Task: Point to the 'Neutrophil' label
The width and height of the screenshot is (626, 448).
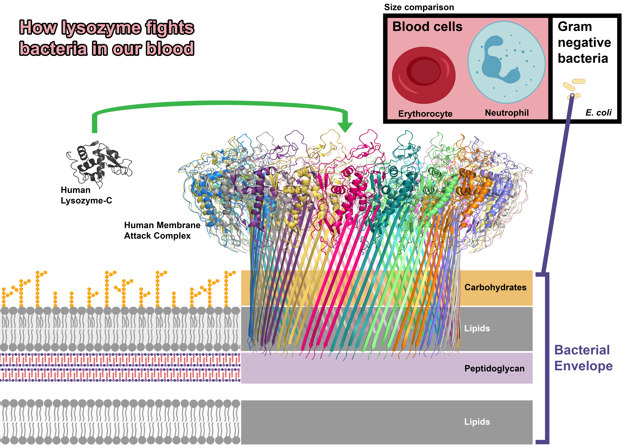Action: point(507,113)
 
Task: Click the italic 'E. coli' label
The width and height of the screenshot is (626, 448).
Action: point(598,112)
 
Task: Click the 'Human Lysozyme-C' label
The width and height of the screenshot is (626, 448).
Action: point(86,195)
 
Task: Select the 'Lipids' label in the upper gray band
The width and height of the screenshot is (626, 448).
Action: point(477,328)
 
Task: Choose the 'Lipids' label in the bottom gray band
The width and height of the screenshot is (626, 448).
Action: point(477,422)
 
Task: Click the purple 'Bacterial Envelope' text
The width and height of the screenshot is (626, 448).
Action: point(583,358)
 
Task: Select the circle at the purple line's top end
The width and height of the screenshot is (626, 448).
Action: point(572,95)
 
